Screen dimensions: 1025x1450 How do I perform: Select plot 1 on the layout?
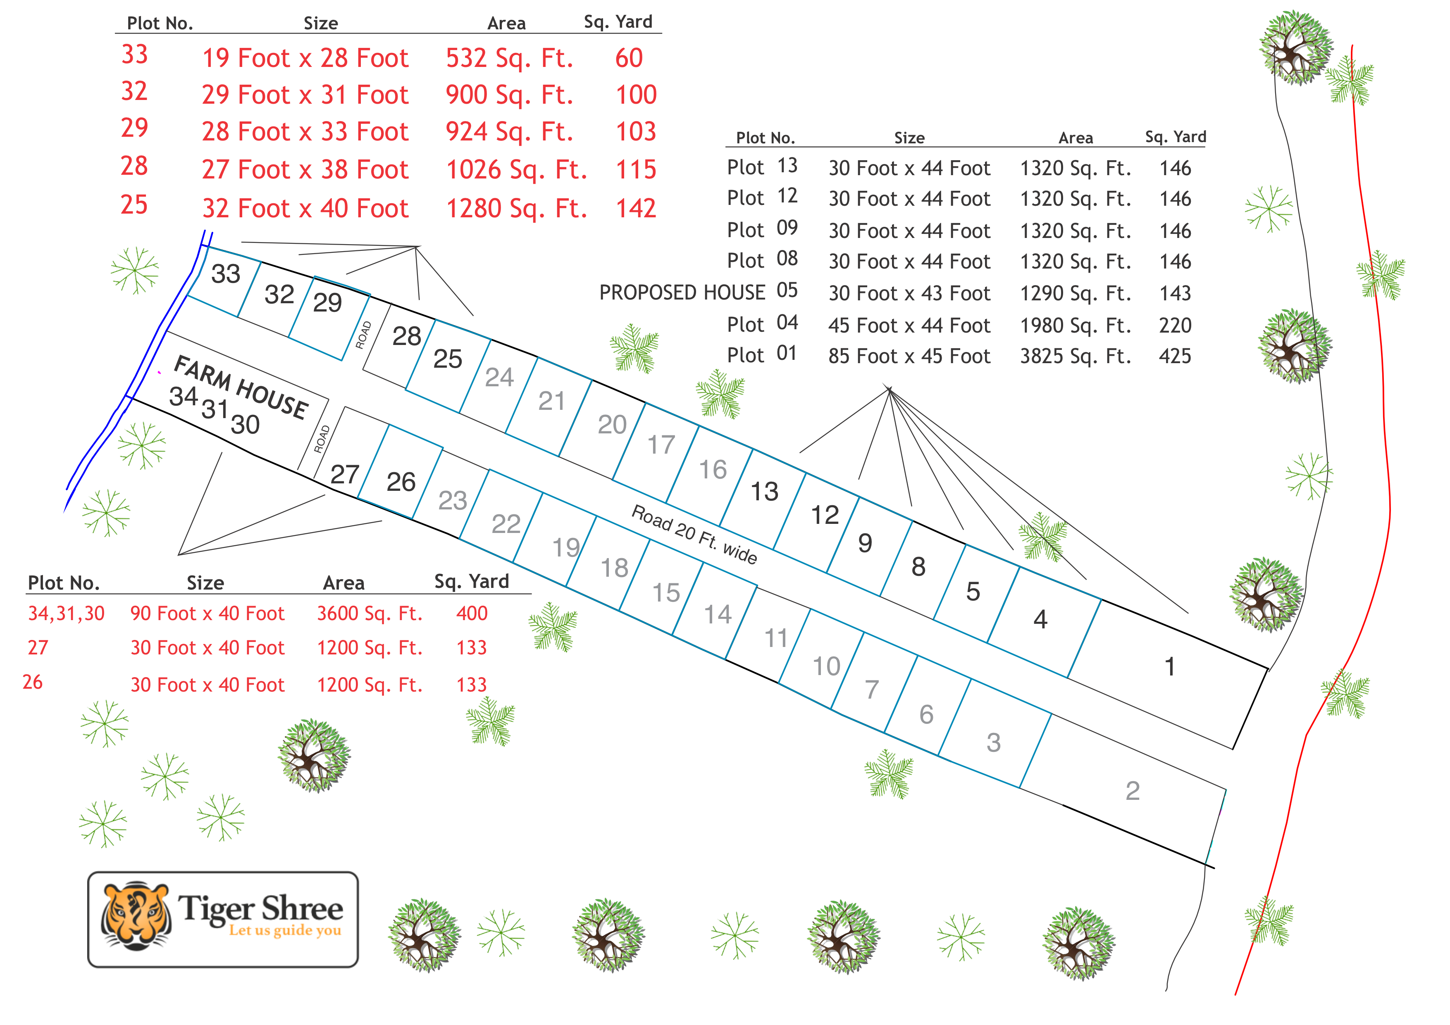point(1170,666)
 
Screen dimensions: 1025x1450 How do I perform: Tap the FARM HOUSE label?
point(241,386)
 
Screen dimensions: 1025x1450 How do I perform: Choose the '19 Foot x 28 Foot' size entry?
point(305,58)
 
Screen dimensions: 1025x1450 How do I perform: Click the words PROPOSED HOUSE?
point(682,293)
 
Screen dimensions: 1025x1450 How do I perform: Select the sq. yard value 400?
point(472,614)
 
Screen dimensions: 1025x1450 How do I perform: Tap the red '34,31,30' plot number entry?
point(66,614)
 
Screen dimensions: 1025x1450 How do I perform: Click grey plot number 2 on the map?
point(1133,791)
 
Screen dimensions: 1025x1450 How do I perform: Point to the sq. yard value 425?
point(1175,357)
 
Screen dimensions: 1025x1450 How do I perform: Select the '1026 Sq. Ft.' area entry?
point(516,170)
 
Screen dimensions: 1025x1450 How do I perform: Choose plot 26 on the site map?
point(401,482)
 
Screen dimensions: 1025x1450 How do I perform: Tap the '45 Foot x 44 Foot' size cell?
point(909,326)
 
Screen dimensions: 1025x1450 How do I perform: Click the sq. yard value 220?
point(1175,326)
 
